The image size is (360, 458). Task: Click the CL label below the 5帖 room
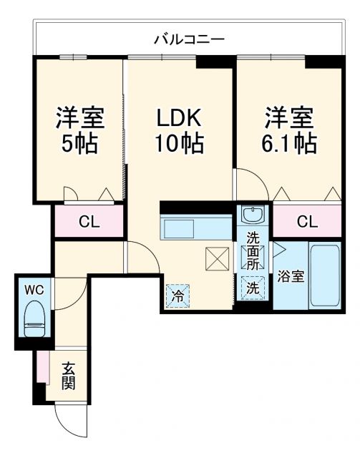click(89, 221)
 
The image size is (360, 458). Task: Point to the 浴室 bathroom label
click(291, 277)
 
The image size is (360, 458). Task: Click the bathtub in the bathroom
click(324, 276)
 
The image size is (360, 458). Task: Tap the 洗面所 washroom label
click(254, 250)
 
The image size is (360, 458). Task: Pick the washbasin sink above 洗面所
click(253, 215)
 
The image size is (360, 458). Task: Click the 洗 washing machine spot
click(253, 290)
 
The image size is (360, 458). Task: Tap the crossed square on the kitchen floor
click(215, 257)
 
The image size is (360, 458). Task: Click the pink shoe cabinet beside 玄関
click(42, 369)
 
